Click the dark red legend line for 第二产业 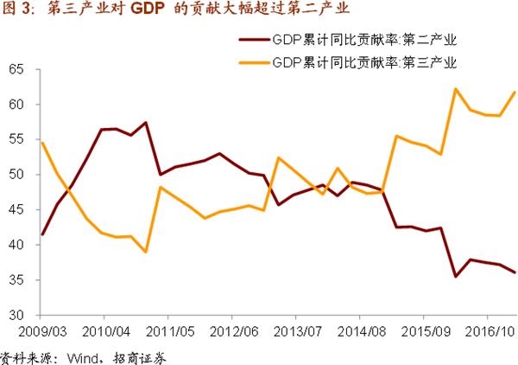251,41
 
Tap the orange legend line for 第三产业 251,62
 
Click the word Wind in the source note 74,355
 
